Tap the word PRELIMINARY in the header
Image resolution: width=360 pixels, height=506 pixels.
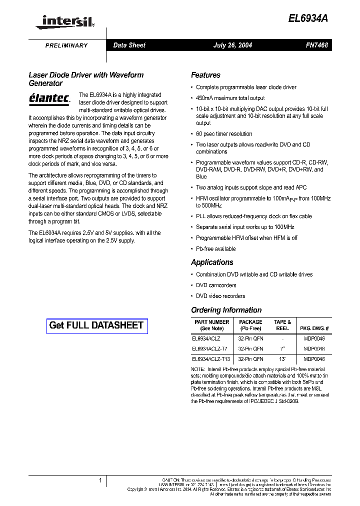[66, 45]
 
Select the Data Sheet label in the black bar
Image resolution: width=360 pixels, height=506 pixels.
[129, 45]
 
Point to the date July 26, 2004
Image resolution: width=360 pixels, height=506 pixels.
[232, 45]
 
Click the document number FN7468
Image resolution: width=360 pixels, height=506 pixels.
[317, 45]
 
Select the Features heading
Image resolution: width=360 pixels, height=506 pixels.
[205, 75]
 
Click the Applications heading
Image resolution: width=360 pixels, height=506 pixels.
[212, 262]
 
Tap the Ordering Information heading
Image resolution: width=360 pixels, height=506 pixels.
[226, 310]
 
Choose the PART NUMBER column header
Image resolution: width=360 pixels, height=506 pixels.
[211, 325]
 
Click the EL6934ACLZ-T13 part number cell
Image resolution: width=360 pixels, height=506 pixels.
[211, 359]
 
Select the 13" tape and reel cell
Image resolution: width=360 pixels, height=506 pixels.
[282, 359]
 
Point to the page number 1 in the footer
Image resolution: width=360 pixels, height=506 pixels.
[100, 481]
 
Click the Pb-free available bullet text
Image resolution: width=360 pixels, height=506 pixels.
[215, 248]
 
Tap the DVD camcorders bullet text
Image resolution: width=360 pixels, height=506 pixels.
[216, 285]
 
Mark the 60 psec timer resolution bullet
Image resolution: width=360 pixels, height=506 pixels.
[224, 134]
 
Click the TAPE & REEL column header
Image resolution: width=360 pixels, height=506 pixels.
[282, 325]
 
